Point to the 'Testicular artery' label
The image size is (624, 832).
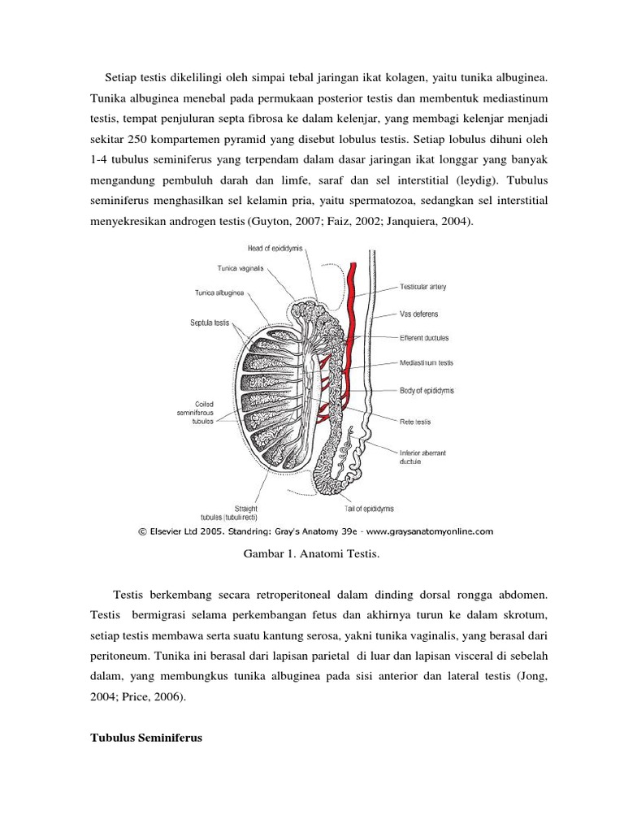422,287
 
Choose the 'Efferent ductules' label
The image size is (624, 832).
424,338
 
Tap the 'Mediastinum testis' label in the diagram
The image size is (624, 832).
427,363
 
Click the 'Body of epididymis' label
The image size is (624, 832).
427,390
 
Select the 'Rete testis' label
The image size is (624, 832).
415,422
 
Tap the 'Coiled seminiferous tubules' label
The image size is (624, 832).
194,412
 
